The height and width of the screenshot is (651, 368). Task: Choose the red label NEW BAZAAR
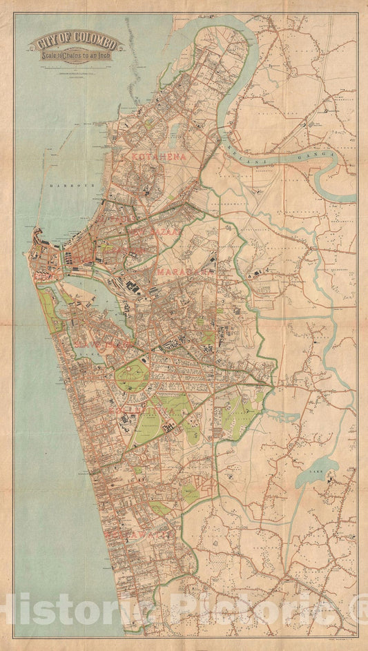[153, 226]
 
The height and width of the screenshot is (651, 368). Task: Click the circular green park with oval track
[131, 377]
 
